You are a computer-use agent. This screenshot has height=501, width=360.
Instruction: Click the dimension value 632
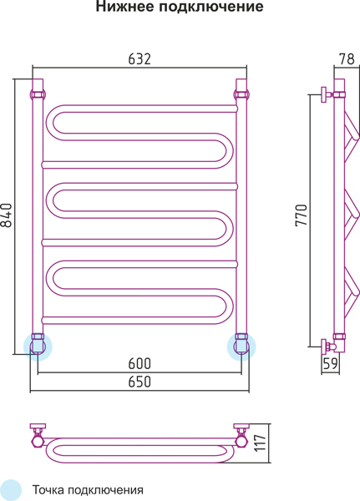coord(139,59)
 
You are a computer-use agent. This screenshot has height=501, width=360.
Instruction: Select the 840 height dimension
coord(7,215)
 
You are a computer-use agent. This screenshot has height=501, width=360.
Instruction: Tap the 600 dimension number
coord(139,363)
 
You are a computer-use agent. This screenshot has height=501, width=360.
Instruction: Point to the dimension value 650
coord(139,382)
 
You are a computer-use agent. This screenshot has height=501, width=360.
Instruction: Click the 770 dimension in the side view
coord(302,215)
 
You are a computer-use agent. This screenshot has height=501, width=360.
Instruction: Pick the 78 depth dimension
coord(347,59)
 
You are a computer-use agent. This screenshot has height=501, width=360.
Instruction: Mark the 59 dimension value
coord(330,363)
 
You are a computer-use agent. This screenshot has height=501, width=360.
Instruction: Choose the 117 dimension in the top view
coord(261,443)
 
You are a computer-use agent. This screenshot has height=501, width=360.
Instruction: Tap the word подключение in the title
coord(211,7)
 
